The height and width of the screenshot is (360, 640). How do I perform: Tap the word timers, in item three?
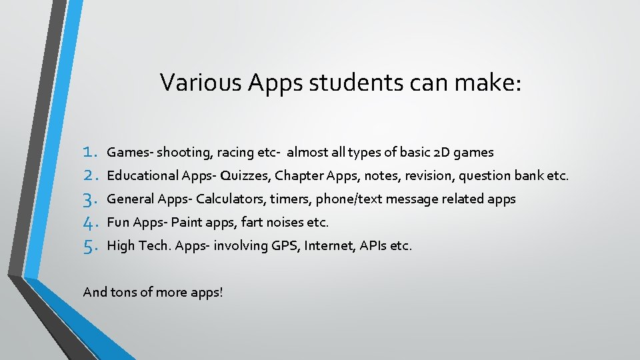(x=291, y=199)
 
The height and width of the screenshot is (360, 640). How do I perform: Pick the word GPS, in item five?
(x=285, y=246)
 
